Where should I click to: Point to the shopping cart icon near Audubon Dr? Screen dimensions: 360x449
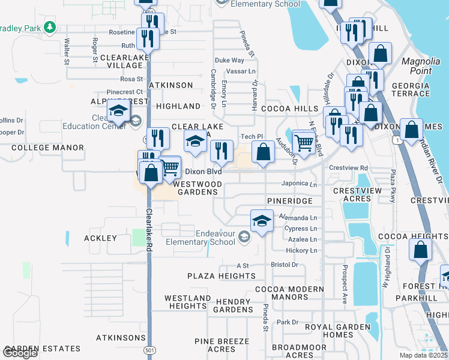coord(304,143)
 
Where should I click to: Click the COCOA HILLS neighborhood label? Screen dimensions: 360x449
coord(285,109)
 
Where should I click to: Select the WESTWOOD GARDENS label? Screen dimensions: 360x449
coord(197,188)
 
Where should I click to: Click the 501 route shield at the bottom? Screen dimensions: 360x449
coord(149,350)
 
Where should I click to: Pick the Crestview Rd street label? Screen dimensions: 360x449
coord(348,167)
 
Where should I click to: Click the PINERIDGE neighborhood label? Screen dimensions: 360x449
coord(290,200)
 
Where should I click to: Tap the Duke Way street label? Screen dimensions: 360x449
coord(229,60)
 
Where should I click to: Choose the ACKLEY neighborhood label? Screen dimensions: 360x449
coord(100,238)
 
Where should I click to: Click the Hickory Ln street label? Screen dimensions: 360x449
coord(302,250)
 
